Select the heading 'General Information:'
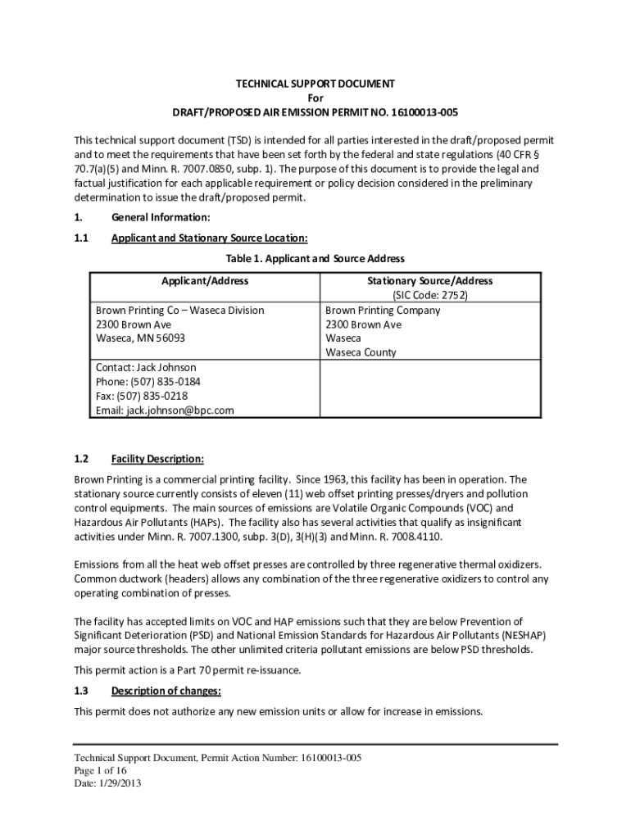[161, 217]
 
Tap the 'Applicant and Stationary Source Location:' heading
[209, 238]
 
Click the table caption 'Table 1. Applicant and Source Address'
[315, 259]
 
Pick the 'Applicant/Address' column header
[205, 281]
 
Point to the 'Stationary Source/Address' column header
[429, 281]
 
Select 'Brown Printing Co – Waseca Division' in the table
[180, 311]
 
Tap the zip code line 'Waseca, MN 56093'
[140, 338]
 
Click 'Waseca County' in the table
[361, 352]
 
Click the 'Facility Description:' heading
[157, 459]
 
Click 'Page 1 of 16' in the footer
[100, 771]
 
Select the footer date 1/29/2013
[115, 784]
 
